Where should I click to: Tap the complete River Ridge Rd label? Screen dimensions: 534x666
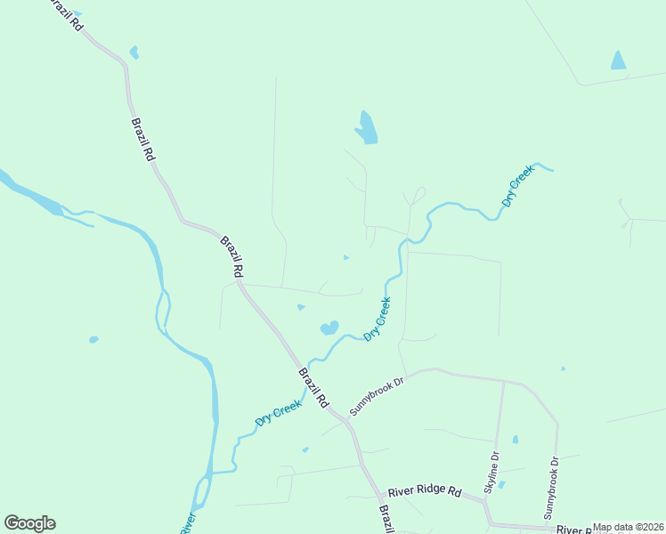click(x=423, y=491)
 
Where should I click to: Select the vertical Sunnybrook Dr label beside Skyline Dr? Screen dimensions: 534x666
click(x=551, y=488)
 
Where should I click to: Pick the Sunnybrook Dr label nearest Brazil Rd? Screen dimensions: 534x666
click(x=377, y=394)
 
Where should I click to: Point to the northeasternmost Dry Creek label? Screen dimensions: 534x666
click(x=517, y=186)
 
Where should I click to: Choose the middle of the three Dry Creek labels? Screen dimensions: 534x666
click(x=378, y=319)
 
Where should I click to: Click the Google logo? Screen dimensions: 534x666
click(x=29, y=523)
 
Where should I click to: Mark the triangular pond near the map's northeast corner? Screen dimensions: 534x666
click(x=618, y=61)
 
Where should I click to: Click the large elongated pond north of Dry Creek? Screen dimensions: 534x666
click(x=366, y=127)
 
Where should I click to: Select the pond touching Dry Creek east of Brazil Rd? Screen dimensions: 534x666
click(x=329, y=328)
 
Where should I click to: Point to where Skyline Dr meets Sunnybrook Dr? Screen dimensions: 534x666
click(x=504, y=381)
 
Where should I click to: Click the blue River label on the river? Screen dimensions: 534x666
click(x=188, y=523)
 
